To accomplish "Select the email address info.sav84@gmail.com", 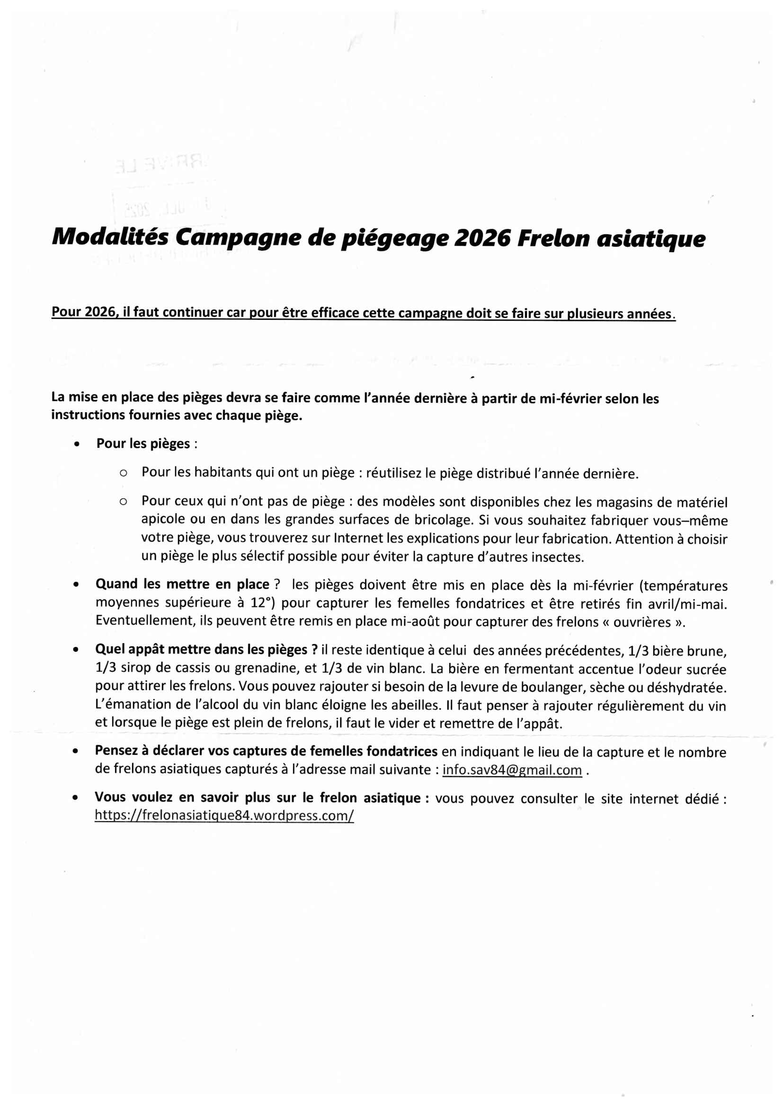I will tap(512, 770).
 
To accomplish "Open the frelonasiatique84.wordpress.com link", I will tap(224, 815).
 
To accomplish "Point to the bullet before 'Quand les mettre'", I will tap(76, 585).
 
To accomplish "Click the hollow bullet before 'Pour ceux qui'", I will tap(123, 502).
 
